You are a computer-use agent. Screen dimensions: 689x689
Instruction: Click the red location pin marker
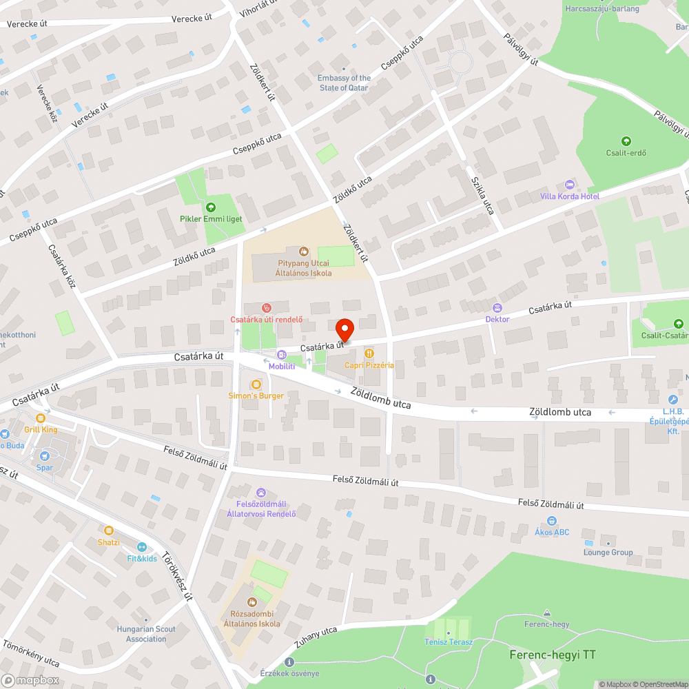(x=344, y=329)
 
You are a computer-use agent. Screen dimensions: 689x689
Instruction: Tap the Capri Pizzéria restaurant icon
(x=369, y=353)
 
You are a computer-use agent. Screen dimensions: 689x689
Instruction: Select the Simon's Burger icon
(x=256, y=384)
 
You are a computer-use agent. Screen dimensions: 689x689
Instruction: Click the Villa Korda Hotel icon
(x=569, y=185)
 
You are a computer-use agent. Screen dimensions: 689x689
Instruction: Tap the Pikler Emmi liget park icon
(x=210, y=207)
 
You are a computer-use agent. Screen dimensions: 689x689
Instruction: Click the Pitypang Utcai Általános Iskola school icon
(x=303, y=251)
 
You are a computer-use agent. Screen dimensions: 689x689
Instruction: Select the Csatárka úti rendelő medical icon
(x=267, y=307)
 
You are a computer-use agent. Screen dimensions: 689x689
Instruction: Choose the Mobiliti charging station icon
(x=281, y=354)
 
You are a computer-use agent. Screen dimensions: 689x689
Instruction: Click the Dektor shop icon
(x=497, y=307)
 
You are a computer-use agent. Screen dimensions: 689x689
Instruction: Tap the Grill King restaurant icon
(x=41, y=418)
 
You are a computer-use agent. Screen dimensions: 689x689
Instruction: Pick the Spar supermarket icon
(x=45, y=455)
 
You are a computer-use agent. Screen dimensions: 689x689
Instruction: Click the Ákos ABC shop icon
(x=551, y=521)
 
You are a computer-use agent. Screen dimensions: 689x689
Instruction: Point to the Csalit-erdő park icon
(x=626, y=141)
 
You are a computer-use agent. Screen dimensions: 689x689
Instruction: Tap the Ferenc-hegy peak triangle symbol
(x=547, y=613)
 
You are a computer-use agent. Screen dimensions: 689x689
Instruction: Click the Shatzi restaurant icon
(x=108, y=530)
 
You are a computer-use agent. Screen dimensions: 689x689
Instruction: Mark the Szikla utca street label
(x=482, y=195)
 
